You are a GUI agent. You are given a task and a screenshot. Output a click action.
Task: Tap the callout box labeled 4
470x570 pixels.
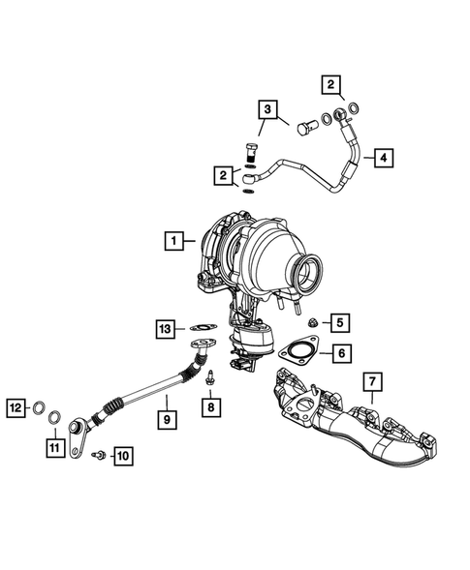tap(385, 157)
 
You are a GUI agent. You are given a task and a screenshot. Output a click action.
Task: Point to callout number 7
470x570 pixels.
tap(371, 384)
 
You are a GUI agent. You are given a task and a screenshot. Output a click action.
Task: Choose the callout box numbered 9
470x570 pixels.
tap(167, 420)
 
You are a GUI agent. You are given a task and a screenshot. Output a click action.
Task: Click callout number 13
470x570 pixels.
tap(165, 329)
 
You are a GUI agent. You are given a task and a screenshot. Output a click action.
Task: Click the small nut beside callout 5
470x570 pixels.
tap(313, 321)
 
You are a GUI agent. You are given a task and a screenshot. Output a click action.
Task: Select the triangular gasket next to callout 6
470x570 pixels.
tap(297, 350)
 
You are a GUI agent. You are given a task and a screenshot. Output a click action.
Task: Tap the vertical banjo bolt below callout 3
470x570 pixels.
tap(253, 152)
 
